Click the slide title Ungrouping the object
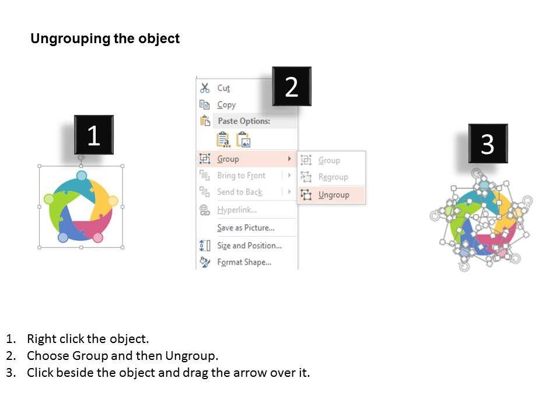[x=105, y=38]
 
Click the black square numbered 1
[x=93, y=135]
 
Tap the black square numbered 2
[x=292, y=86]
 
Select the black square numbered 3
[x=488, y=143]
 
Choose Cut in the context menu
[x=223, y=88]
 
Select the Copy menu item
[x=226, y=104]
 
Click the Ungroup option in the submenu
[x=334, y=195]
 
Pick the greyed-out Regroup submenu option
[x=333, y=177]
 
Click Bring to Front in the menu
[x=241, y=176]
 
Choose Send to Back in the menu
[x=240, y=192]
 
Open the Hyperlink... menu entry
[x=237, y=209]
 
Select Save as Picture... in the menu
[x=246, y=228]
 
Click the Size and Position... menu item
[x=249, y=246]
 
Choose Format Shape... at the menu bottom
[x=244, y=262]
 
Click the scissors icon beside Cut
[x=205, y=88]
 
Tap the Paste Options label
[x=244, y=121]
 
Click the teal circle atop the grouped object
[x=82, y=176]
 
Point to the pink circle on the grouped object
[x=97, y=237]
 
